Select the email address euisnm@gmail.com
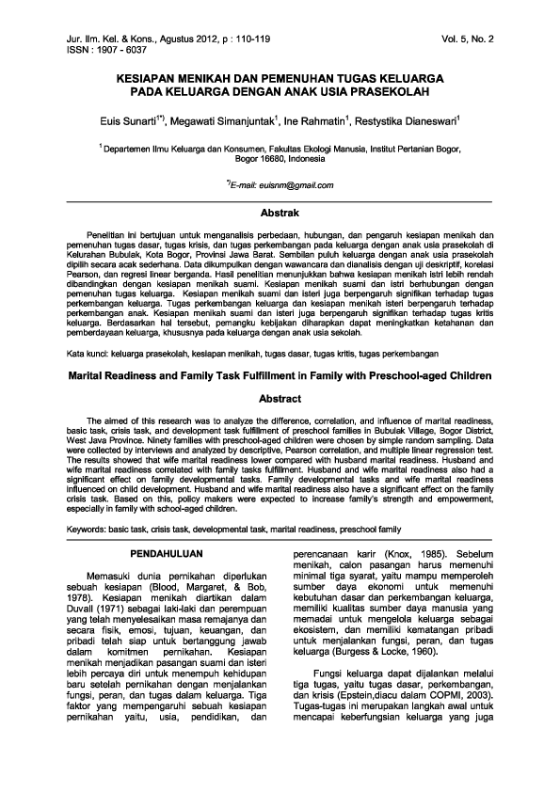click(289, 186)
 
